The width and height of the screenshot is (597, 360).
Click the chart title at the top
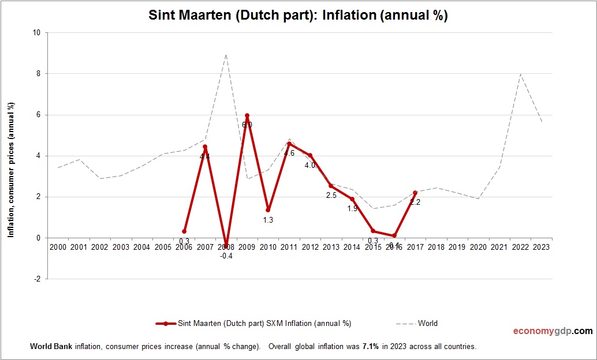[298, 16]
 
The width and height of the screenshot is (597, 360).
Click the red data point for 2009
[247, 116]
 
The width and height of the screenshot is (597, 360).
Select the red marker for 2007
[205, 147]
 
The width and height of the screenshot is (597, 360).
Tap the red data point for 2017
[415, 193]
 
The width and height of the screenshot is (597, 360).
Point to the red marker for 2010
[268, 210]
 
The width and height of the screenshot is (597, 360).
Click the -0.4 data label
[226, 256]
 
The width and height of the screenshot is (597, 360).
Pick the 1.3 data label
[268, 220]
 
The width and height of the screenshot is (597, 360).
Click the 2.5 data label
[331, 196]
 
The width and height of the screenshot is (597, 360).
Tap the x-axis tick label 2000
[58, 247]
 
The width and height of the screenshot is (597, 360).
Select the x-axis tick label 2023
[541, 247]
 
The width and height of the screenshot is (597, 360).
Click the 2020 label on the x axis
[478, 247]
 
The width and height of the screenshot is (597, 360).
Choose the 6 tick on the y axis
[37, 115]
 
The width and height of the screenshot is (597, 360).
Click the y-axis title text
[11, 170]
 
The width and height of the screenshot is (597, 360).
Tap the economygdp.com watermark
[553, 331]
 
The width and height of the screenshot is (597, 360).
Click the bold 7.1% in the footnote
[370, 347]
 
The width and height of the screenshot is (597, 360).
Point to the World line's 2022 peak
[520, 74]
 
